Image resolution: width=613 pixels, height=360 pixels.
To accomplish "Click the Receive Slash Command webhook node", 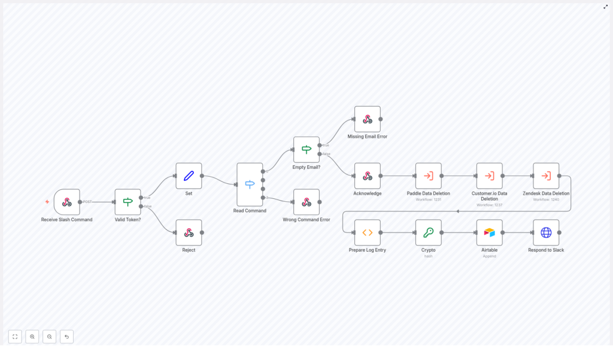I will (67, 202).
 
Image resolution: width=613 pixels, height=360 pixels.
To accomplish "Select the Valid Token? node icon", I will (128, 202).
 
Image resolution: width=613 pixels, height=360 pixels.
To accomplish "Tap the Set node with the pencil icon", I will (189, 176).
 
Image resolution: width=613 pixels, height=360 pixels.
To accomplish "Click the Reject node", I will (189, 232).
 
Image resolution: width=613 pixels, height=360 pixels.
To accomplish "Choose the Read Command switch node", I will (250, 184).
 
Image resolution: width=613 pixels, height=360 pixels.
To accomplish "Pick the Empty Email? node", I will (306, 150).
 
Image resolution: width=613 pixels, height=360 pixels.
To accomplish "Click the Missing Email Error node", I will (367, 119).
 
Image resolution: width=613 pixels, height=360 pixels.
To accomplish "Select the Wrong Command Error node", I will (306, 202).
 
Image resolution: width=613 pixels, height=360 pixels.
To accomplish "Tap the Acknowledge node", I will (367, 176).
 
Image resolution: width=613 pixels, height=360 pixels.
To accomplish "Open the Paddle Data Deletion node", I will (428, 176).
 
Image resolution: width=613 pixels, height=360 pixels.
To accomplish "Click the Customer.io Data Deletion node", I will (489, 176).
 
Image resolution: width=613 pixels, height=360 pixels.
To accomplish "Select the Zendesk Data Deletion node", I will (546, 176).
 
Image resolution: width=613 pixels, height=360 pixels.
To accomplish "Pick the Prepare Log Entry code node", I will (367, 232).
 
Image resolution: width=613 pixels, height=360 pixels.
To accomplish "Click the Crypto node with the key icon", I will (428, 232).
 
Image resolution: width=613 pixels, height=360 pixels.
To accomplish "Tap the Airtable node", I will (489, 232).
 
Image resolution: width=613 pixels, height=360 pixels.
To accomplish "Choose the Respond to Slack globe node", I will (546, 232).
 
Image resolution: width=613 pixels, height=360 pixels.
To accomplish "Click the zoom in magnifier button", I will (32, 337).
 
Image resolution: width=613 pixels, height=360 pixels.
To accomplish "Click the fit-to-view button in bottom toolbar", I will (15, 337).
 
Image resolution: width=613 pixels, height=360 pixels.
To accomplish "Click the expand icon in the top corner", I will (605, 7).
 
